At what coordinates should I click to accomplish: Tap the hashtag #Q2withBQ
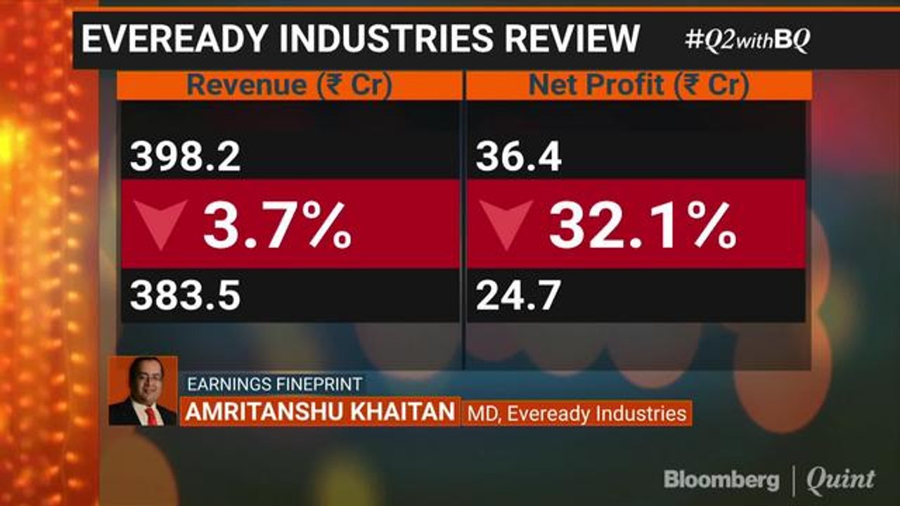[747, 40]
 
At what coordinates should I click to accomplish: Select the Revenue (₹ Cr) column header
[289, 86]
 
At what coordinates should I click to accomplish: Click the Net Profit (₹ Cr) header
[638, 86]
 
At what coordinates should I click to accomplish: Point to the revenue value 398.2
[185, 157]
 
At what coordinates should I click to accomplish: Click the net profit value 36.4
[518, 157]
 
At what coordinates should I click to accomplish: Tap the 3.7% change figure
[277, 225]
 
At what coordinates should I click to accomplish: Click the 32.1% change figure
[643, 225]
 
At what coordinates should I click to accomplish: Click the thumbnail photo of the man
[143, 391]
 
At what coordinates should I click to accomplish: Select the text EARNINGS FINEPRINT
[274, 384]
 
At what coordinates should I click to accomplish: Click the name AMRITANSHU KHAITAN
[320, 412]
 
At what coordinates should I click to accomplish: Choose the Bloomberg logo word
[721, 480]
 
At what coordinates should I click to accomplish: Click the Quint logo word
[840, 480]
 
